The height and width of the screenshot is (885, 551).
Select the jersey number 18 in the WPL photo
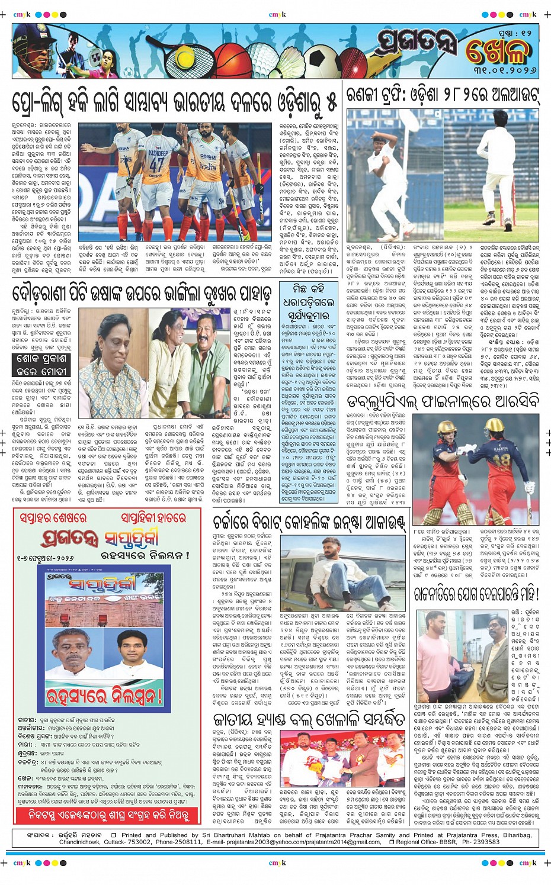pos(501,461)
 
